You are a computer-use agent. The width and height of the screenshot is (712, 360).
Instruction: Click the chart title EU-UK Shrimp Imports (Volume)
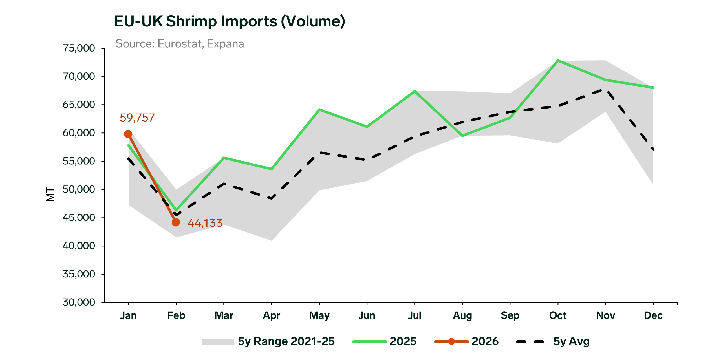tap(230, 21)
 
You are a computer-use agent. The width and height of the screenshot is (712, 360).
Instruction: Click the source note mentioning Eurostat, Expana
tap(180, 44)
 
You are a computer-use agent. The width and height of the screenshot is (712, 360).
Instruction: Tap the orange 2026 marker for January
tap(128, 134)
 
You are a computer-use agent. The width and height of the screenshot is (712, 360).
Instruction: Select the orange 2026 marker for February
tap(176, 222)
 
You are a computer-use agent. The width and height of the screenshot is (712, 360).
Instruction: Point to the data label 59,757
tap(137, 118)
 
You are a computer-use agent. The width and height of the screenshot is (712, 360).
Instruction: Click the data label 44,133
tap(205, 223)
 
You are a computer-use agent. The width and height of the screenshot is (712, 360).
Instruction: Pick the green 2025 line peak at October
tap(558, 60)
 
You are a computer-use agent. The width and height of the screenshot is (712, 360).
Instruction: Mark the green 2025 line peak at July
tap(415, 91)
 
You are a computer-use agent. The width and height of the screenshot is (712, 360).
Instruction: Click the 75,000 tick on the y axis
tap(79, 48)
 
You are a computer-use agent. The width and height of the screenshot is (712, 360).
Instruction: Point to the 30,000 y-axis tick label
tap(79, 302)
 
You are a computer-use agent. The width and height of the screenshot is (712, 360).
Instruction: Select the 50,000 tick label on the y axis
tap(79, 189)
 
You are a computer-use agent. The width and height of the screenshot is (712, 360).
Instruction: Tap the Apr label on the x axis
tap(271, 315)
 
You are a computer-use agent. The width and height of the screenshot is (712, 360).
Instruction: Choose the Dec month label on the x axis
tap(653, 315)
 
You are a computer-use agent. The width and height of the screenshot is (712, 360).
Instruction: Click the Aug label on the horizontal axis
tap(462, 315)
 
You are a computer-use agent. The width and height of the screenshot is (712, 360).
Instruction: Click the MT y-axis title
tap(50, 194)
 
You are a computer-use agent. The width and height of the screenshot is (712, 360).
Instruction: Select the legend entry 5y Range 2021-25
tap(286, 341)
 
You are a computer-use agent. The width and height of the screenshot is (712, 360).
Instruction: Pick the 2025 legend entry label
tap(403, 341)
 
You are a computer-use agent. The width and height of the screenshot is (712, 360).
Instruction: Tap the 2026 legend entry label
tap(485, 341)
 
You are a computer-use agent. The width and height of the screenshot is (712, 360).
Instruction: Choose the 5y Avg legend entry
tap(571, 341)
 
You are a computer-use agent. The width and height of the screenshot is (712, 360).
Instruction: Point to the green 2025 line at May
tap(319, 109)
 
